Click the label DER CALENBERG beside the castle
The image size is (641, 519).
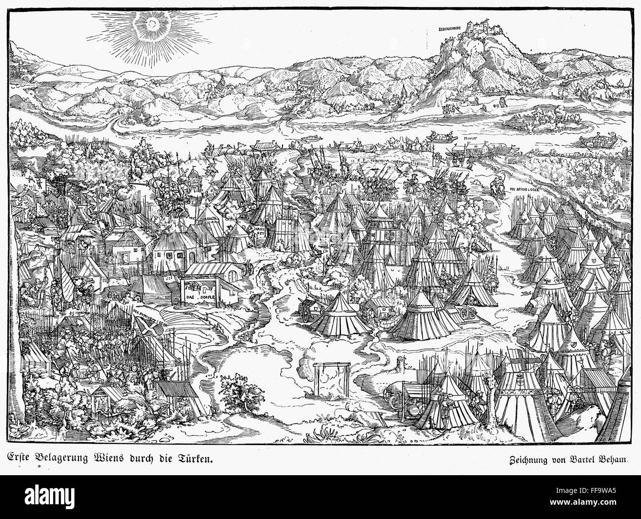pyautogui.click(x=450, y=30)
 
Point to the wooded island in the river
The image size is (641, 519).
pyautogui.click(x=537, y=118)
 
